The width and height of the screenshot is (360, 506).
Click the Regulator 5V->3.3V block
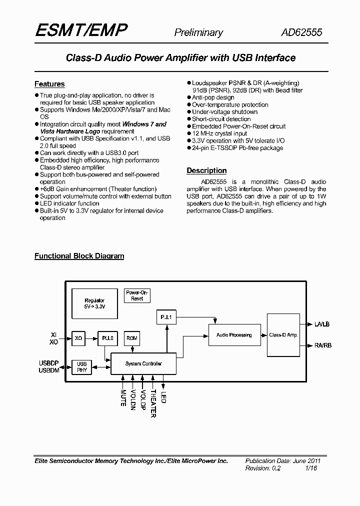pos(94,303)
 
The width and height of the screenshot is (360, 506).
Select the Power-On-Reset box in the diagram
pos(137,295)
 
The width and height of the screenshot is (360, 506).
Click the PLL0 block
pos(107,338)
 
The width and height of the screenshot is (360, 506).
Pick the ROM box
pos(132,338)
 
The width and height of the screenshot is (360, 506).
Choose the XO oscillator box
pos(78,338)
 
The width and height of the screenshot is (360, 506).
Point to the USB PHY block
pos(82,367)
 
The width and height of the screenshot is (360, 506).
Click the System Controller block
pos(143,363)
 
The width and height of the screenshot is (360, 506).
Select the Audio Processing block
pos(234,334)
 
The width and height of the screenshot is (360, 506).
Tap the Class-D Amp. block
pos(283,334)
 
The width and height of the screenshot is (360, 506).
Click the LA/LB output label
pos(322,324)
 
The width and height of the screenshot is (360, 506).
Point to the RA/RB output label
pos(322,345)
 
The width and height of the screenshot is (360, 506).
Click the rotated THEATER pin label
pos(153,403)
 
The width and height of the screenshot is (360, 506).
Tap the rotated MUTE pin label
pos(123,397)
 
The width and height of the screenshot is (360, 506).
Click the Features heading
pos(49,84)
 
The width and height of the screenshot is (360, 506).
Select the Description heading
pos(206,170)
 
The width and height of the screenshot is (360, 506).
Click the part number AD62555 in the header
pos(301,32)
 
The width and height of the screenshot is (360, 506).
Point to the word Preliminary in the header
pos(198,32)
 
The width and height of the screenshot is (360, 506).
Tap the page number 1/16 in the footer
pos(311,468)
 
